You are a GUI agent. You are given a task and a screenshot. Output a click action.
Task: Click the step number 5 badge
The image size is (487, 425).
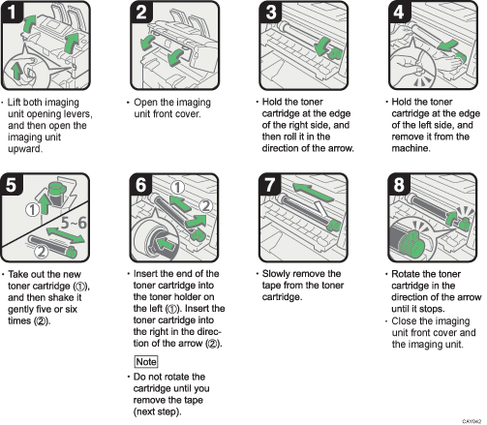[14, 186]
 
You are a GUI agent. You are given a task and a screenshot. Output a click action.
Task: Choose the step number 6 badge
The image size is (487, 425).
[140, 186]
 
